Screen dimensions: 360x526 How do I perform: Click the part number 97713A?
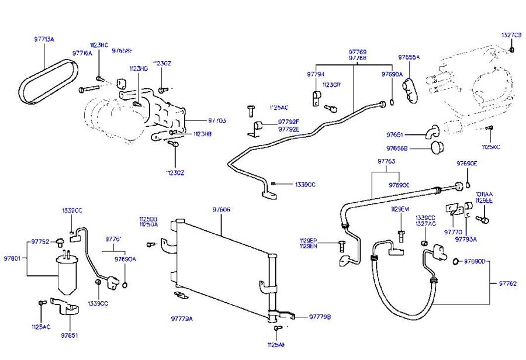tap(44, 40)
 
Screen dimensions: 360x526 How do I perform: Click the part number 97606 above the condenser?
tap(221, 209)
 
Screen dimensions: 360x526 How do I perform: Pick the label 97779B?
tap(320, 317)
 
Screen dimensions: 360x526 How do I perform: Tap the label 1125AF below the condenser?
tap(276, 344)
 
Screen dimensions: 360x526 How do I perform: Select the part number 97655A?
tap(409, 57)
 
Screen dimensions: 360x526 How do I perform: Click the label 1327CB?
tap(512, 35)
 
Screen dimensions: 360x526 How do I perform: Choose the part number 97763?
tap(386, 160)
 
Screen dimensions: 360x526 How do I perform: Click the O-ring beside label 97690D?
tap(455, 261)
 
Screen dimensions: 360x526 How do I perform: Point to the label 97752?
tap(40, 241)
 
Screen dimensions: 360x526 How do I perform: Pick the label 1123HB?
tap(203, 134)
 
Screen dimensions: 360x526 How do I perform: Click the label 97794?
tap(316, 74)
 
